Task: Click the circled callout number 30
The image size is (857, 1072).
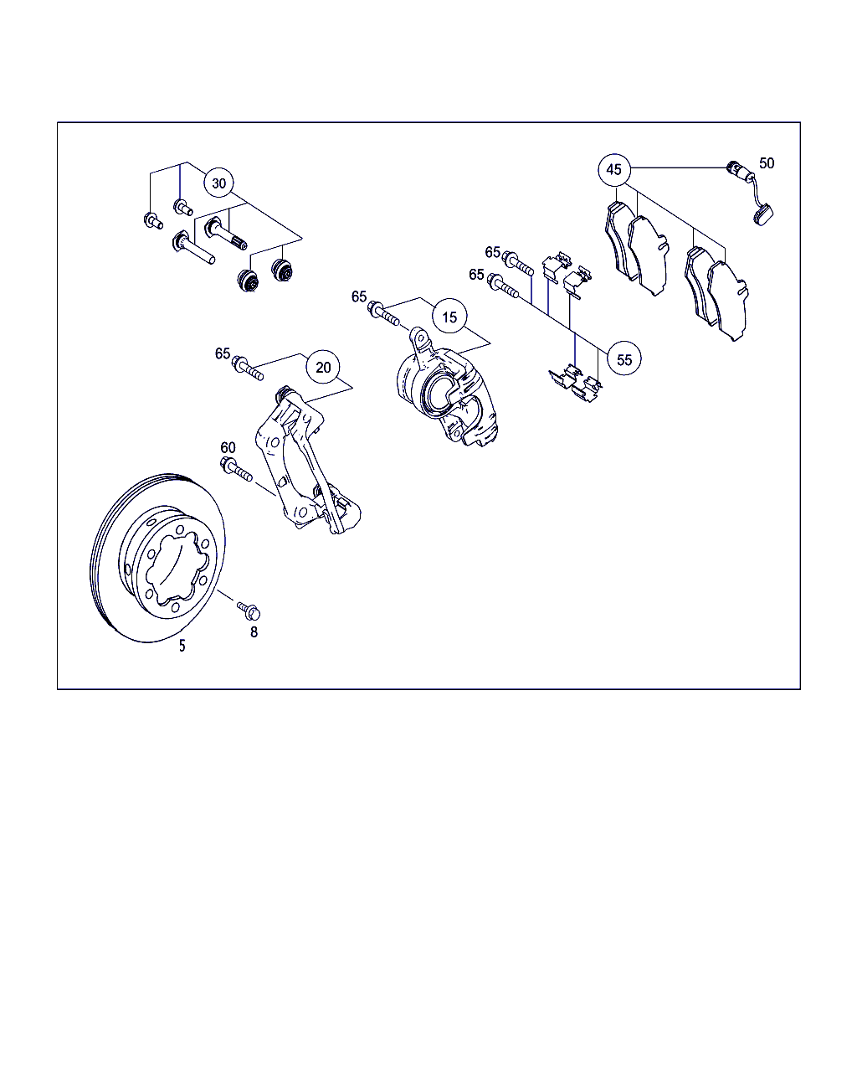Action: [218, 183]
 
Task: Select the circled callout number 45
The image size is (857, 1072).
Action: [614, 170]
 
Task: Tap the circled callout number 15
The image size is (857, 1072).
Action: [449, 317]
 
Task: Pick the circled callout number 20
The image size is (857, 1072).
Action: [323, 367]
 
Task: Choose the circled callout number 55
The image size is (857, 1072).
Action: [624, 359]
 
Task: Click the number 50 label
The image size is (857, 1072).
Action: [767, 162]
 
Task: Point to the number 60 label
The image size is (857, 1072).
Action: [228, 447]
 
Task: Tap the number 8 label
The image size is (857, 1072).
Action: [254, 631]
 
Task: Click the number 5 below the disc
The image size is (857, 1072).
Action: [182, 646]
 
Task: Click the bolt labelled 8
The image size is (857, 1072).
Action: [249, 611]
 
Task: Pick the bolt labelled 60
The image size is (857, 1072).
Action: [236, 469]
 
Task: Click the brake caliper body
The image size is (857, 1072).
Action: [446, 389]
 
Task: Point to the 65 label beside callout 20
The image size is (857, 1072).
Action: [223, 353]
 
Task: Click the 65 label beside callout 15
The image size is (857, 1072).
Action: [359, 296]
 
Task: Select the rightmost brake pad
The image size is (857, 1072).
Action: [727, 301]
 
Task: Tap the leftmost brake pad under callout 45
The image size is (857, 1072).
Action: [619, 240]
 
